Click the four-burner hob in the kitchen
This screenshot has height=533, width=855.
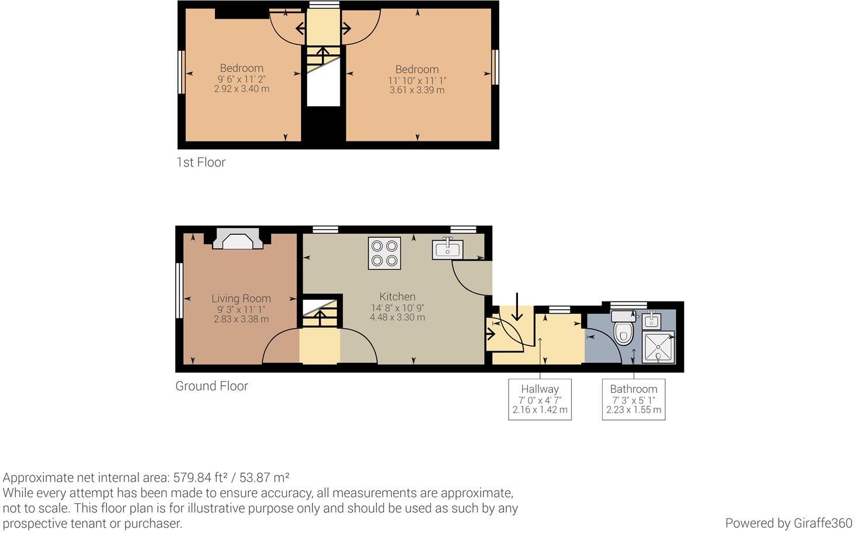[x=384, y=253]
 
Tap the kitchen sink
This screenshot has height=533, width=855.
[x=447, y=249]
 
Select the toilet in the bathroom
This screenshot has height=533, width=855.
[x=623, y=328]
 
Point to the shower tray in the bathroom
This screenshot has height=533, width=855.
[x=658, y=347]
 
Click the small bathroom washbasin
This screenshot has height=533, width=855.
[x=652, y=320]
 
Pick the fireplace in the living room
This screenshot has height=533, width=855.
[x=237, y=239]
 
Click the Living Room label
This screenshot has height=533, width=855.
[x=241, y=299]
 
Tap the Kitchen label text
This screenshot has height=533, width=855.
[x=397, y=297]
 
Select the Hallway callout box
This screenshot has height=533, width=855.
[x=540, y=399]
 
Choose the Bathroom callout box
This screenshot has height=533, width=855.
[x=634, y=399]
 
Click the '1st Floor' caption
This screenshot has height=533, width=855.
[x=201, y=162]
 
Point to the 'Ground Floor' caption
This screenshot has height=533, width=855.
[x=211, y=386]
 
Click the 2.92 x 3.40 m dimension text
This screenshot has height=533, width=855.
[x=241, y=89]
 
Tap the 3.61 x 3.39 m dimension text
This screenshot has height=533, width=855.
[x=416, y=91]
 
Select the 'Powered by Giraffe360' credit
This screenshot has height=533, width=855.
[x=788, y=523]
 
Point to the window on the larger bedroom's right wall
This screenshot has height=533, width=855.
[x=496, y=67]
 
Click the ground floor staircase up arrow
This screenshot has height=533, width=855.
[x=320, y=318]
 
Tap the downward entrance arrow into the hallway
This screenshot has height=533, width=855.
[x=517, y=307]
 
